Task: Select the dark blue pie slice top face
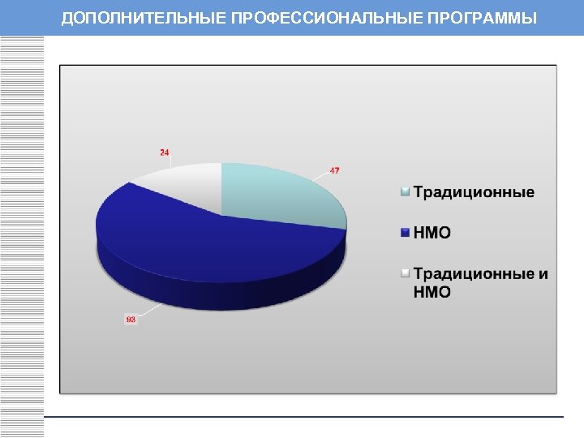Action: [x=178, y=235]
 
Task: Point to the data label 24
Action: [x=165, y=152]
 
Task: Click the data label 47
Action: [x=334, y=170]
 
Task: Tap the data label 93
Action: [x=131, y=320]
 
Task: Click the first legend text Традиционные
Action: [x=474, y=192]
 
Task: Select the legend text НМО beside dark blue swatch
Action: [x=432, y=233]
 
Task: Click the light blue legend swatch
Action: [x=406, y=192]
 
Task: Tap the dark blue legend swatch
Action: [x=406, y=233]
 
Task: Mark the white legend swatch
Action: [x=406, y=273]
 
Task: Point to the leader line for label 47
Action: [x=320, y=177]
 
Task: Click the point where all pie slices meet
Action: [x=221, y=215]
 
